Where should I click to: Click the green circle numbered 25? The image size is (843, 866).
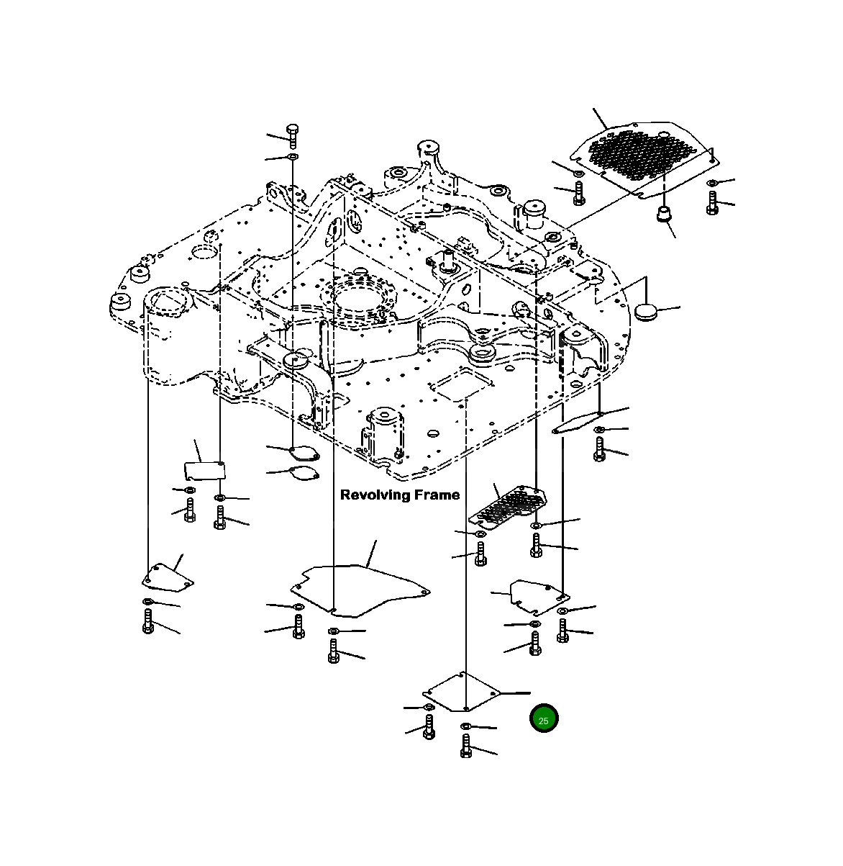click(x=543, y=719)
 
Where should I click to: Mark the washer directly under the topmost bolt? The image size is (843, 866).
click(x=292, y=157)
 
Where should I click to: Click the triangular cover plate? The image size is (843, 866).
click(x=167, y=577)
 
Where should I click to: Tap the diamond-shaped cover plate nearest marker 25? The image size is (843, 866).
click(x=462, y=692)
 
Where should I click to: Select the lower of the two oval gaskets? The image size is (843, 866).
click(x=304, y=473)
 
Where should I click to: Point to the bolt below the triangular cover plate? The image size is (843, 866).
click(x=148, y=621)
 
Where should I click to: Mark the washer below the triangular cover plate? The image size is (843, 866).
click(x=147, y=601)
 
